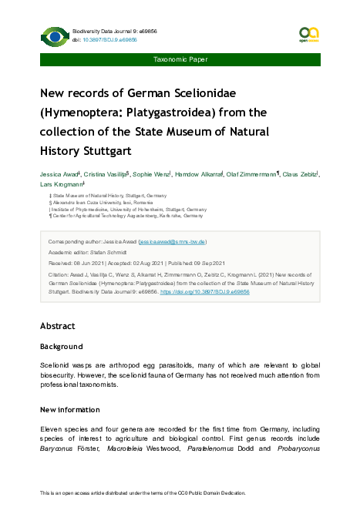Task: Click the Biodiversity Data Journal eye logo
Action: (x=54, y=35)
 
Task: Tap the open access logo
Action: (x=308, y=33)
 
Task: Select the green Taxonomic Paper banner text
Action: (x=180, y=59)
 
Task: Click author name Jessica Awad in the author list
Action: (x=59, y=175)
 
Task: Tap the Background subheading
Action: (x=61, y=347)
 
